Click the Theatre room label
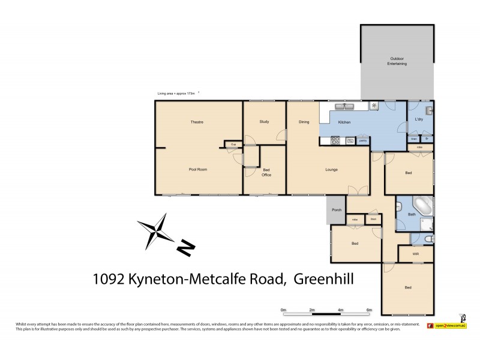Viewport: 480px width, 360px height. tap(197, 122)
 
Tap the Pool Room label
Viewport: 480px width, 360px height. tap(197, 170)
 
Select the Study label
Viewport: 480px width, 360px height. tap(264, 122)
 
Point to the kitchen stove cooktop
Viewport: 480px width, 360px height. tap(335, 141)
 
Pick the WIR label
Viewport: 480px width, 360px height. tap(415, 254)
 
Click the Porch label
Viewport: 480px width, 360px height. tap(337, 209)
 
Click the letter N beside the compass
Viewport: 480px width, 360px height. tap(186, 247)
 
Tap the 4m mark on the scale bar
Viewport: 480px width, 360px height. tap(340, 310)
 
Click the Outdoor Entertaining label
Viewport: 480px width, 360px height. tap(397, 61)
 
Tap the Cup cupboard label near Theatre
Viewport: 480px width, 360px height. tap(232, 144)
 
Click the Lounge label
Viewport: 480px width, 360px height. tap(331, 170)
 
